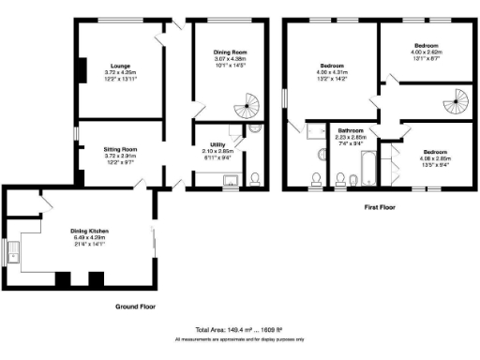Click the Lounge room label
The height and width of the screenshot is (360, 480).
click(x=119, y=64)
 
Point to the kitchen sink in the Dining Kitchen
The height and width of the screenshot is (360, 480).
click(x=13, y=253)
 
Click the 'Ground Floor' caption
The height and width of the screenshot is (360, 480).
click(x=135, y=307)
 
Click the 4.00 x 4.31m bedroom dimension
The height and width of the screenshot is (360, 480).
click(x=331, y=73)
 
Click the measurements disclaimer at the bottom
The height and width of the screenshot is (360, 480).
click(x=240, y=338)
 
